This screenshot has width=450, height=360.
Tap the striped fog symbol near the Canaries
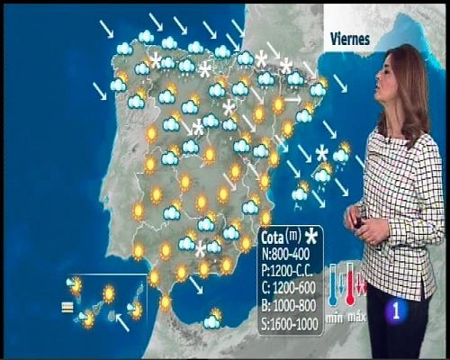coord(67,306)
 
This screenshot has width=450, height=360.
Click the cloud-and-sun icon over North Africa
coord(212,319)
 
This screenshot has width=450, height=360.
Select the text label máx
coord(356,316)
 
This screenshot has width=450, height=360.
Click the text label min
coord(334,316)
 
